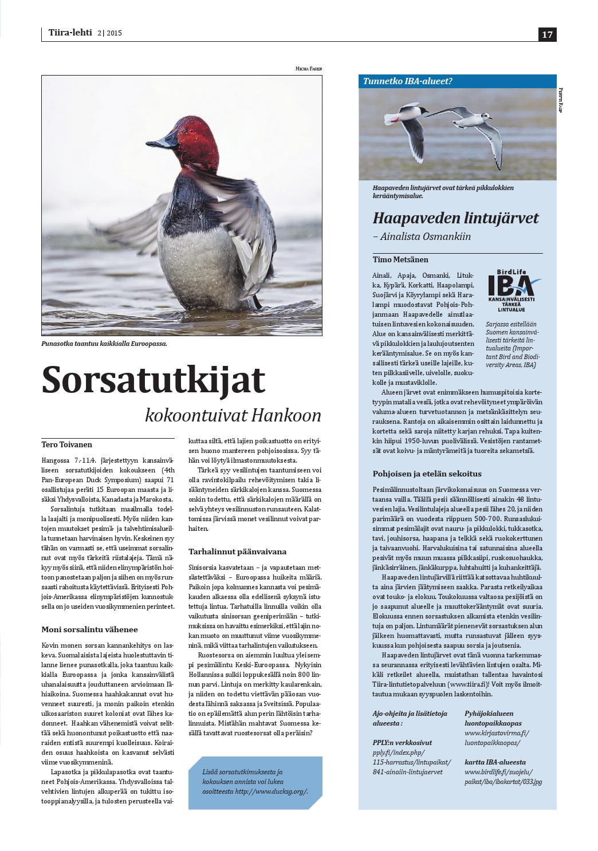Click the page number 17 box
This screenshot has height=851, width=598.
pyautogui.click(x=547, y=34)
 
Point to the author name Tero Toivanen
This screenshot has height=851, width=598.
pyautogui.click(x=67, y=444)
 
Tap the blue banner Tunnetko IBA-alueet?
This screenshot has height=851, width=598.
pyautogui.click(x=408, y=81)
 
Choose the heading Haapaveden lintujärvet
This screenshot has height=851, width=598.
pyautogui.click(x=455, y=218)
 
